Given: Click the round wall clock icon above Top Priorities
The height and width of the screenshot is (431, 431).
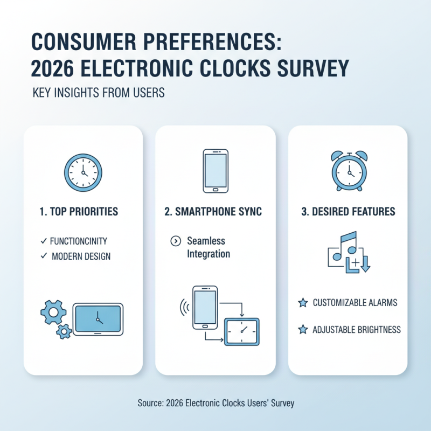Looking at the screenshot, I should pyautogui.click(x=82, y=171).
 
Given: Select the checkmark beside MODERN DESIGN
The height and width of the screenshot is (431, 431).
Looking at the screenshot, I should pyautogui.click(x=43, y=256).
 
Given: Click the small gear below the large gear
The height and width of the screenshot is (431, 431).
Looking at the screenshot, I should pyautogui.click(x=64, y=331).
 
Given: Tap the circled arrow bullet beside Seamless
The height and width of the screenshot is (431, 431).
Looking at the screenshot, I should pyautogui.click(x=175, y=241).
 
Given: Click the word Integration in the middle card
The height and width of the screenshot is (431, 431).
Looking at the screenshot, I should pyautogui.click(x=208, y=254).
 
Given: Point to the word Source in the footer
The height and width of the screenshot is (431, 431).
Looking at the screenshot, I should pyautogui.click(x=150, y=403).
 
